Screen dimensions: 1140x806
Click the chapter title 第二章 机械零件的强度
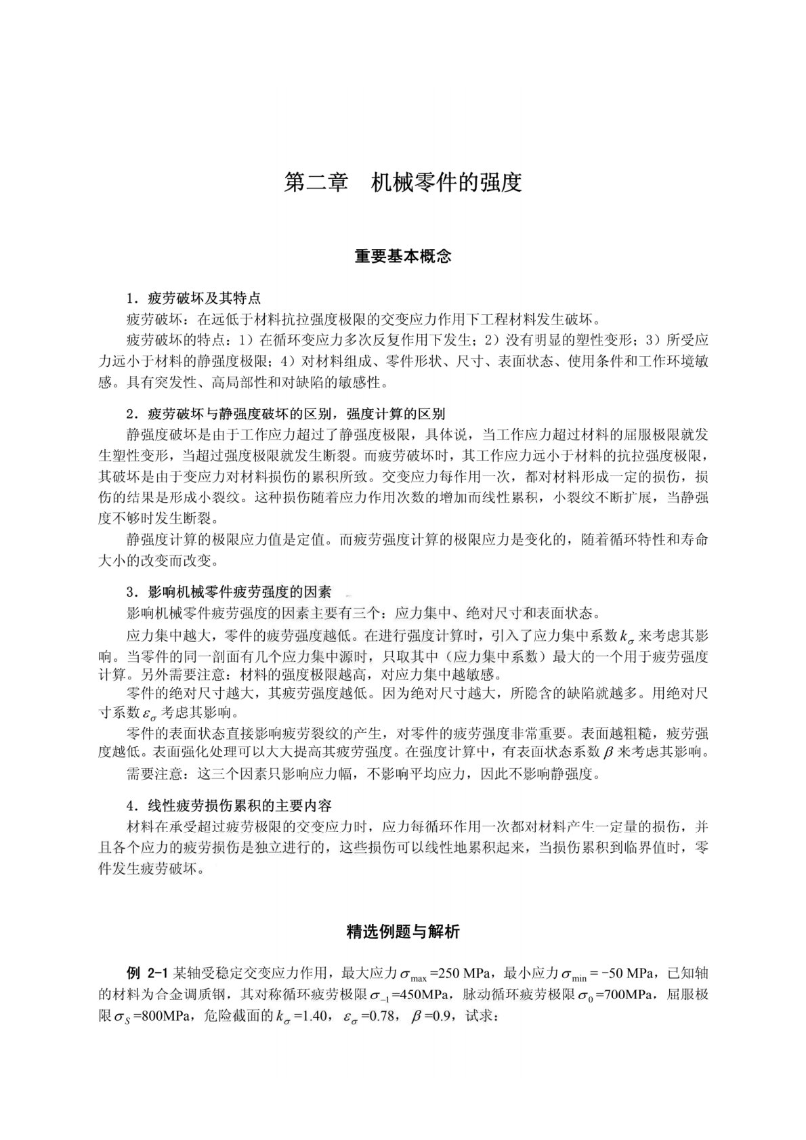pos(403,183)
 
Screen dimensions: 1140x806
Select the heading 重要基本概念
pos(403,257)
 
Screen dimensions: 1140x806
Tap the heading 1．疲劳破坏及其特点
pos(194,298)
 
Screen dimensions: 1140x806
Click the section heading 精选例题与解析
pos(403,932)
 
